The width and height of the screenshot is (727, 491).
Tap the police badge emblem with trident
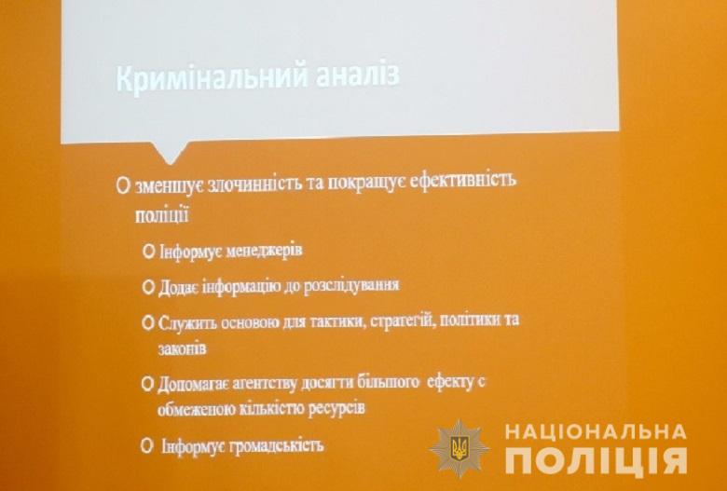(x=459, y=448)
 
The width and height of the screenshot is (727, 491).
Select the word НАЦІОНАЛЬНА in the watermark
(x=596, y=431)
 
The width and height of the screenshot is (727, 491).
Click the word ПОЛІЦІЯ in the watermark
(x=596, y=462)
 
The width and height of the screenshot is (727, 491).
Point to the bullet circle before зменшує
(x=123, y=185)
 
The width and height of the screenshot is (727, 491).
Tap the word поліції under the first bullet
(x=161, y=215)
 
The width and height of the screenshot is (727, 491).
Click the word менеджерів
(x=265, y=251)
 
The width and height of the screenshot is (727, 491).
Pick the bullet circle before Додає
(x=148, y=287)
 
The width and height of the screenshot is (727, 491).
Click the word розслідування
(x=351, y=285)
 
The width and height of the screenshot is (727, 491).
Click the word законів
(x=182, y=348)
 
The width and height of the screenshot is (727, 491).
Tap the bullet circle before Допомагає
(x=147, y=384)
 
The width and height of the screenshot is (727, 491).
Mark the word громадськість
(x=275, y=446)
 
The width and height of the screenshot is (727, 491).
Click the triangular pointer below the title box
(x=170, y=152)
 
